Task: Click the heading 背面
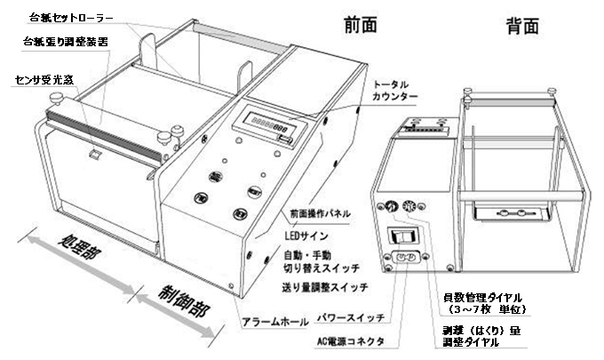[521, 24]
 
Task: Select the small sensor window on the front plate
[95, 158]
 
